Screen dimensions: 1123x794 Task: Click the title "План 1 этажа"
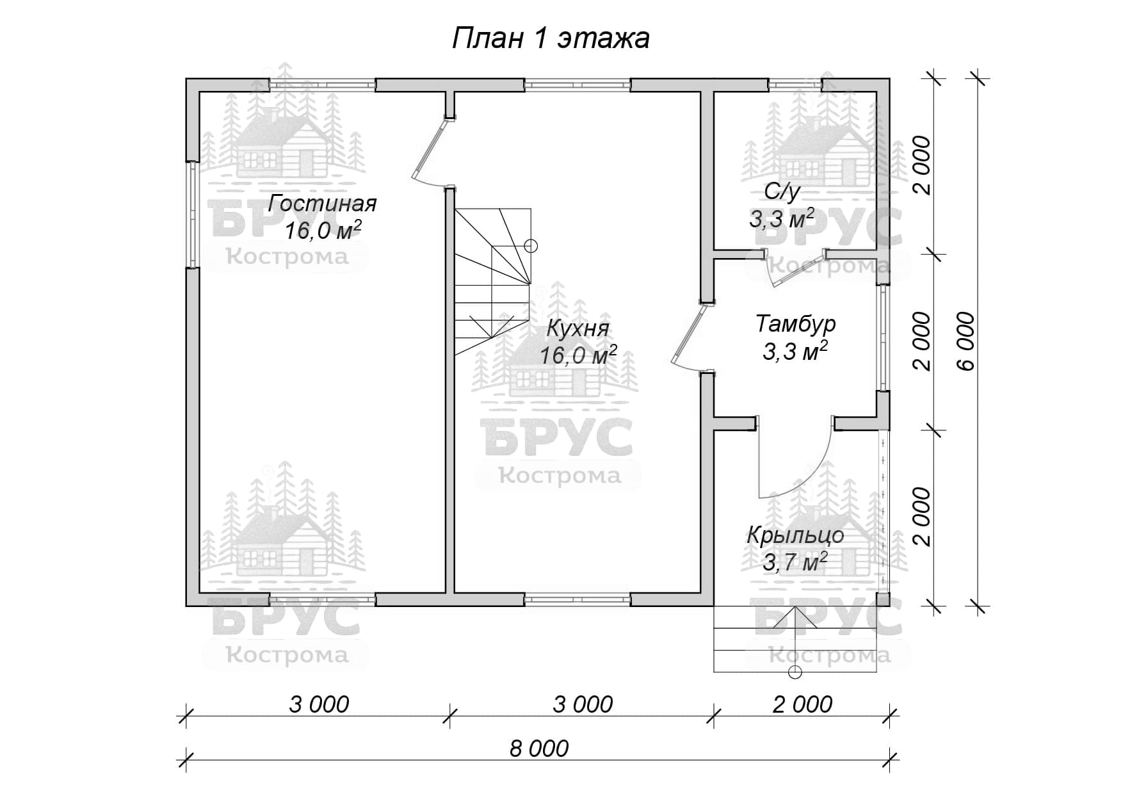coord(551,38)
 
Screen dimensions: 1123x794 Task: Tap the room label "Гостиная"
coord(322,204)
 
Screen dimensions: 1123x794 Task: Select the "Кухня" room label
coord(578,329)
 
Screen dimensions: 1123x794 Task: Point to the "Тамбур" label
coord(796,324)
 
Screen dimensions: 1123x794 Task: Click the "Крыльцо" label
coord(795,535)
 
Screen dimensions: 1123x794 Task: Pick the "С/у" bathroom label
coord(782,191)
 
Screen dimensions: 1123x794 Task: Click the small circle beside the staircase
coord(530,245)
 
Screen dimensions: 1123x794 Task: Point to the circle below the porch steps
coord(795,672)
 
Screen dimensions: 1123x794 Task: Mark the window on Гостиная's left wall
coord(192,213)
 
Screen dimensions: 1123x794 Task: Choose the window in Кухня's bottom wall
coord(578,599)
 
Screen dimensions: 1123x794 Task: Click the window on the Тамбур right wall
coord(884,337)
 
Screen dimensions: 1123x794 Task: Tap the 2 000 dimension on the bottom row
coord(802,704)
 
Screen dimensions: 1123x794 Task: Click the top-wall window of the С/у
coord(795,84)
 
